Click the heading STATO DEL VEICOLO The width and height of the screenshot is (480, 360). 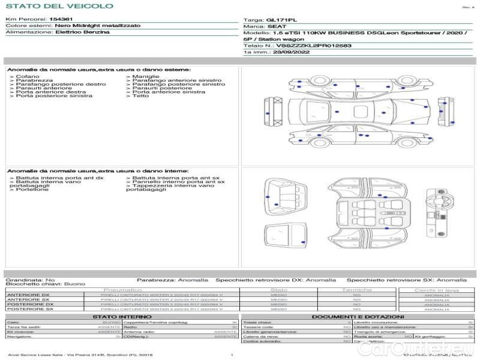pos(59,6)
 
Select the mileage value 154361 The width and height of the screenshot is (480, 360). pos(57,20)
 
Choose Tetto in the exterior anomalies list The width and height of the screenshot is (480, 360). pos(140,95)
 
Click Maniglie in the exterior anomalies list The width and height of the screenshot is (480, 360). pos(146,77)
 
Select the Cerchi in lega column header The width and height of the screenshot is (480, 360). pos(436,290)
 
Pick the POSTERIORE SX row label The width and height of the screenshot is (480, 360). pos(28,310)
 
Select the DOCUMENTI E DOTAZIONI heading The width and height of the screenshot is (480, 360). pos(358,316)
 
